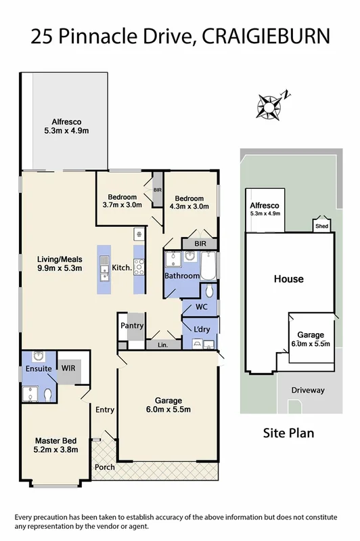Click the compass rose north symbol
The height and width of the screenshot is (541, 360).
(x=272, y=105)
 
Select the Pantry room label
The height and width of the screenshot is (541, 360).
(x=132, y=326)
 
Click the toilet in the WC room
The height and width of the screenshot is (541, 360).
(x=209, y=291)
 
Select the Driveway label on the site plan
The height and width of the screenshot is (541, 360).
(x=308, y=391)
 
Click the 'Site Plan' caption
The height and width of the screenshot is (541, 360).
(x=288, y=433)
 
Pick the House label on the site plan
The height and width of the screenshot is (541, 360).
(x=288, y=279)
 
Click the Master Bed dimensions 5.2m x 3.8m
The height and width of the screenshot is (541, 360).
(x=56, y=449)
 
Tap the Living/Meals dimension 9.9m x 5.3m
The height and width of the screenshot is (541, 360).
(x=59, y=268)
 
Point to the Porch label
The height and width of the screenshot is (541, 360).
(x=105, y=467)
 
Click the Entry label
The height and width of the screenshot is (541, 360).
(x=105, y=410)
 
